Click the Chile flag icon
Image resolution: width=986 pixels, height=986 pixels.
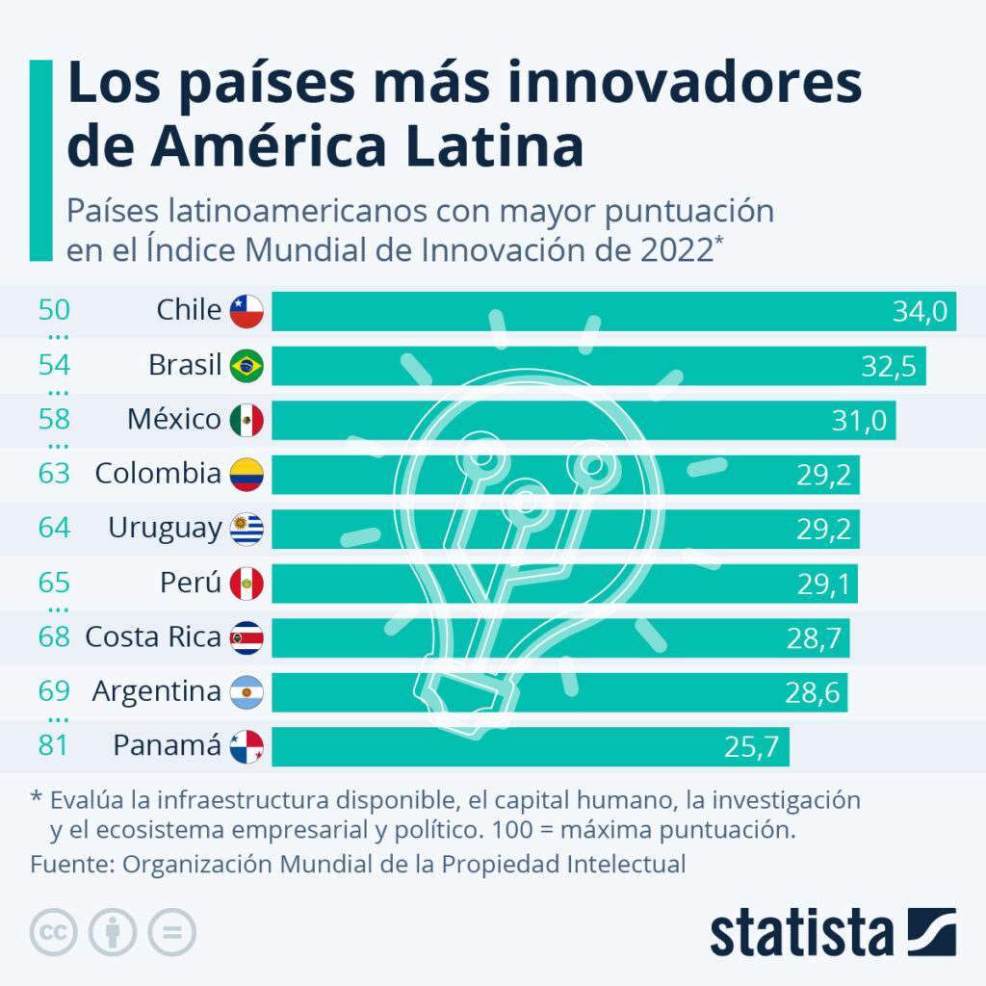[246, 311]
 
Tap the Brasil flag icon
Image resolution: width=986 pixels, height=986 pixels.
[246, 366]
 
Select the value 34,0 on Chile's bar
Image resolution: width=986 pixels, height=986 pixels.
[921, 311]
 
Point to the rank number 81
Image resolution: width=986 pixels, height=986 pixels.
[54, 745]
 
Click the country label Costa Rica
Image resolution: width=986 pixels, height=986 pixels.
[153, 636]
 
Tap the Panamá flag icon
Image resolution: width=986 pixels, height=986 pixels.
[246, 746]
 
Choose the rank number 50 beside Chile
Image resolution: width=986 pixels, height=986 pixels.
[54, 310]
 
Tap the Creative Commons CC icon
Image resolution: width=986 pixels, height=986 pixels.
[54, 932]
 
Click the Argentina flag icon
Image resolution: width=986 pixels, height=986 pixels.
[246, 691]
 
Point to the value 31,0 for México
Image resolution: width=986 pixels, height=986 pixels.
[860, 420]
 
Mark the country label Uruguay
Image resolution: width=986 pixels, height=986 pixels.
[165, 529]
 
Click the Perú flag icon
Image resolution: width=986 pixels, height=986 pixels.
[246, 583]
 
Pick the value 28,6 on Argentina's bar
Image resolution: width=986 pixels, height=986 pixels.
[811, 691]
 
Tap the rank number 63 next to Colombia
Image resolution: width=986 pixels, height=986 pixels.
[54, 474]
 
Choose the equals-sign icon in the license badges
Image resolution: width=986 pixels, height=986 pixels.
[171, 932]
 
